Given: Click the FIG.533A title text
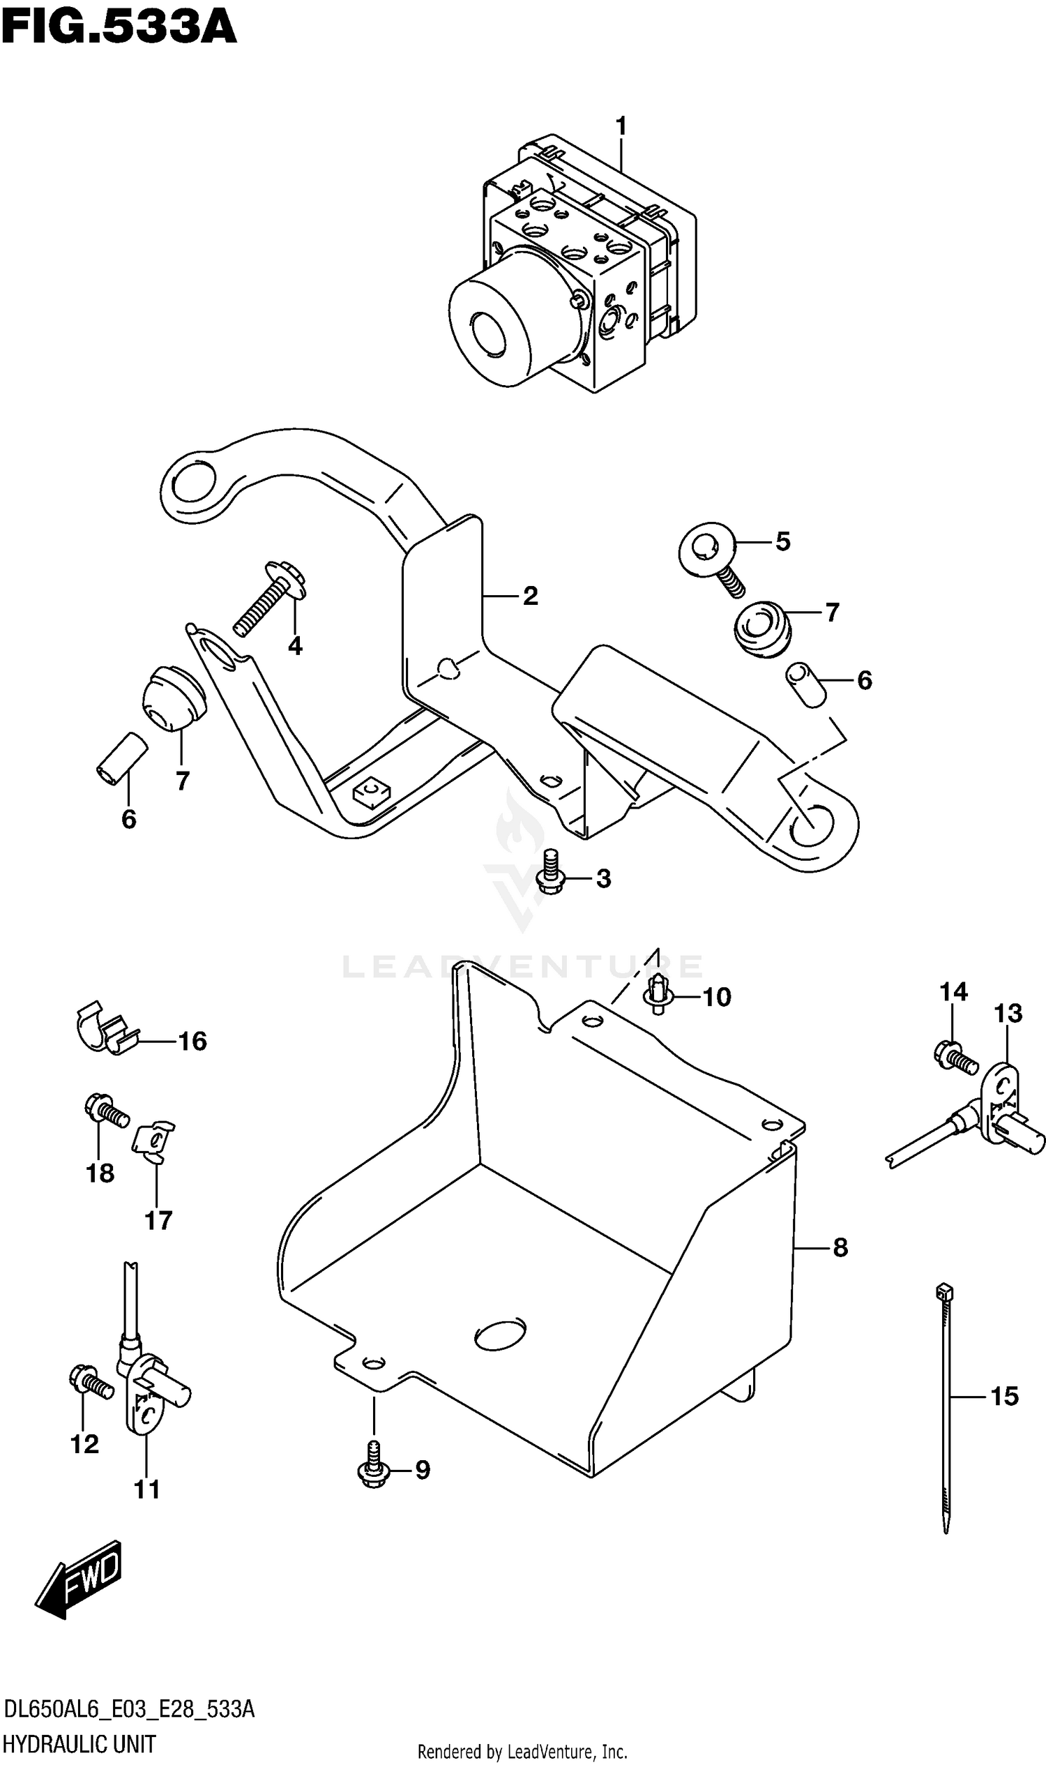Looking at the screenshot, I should [x=119, y=28].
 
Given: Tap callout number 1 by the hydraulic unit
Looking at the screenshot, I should [x=620, y=127].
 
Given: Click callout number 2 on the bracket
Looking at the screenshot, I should [x=530, y=596].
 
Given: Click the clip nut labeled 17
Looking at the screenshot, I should [x=153, y=1141].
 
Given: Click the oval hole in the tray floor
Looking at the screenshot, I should [x=501, y=1334].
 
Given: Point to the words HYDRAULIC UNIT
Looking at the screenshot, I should [x=79, y=1744].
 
